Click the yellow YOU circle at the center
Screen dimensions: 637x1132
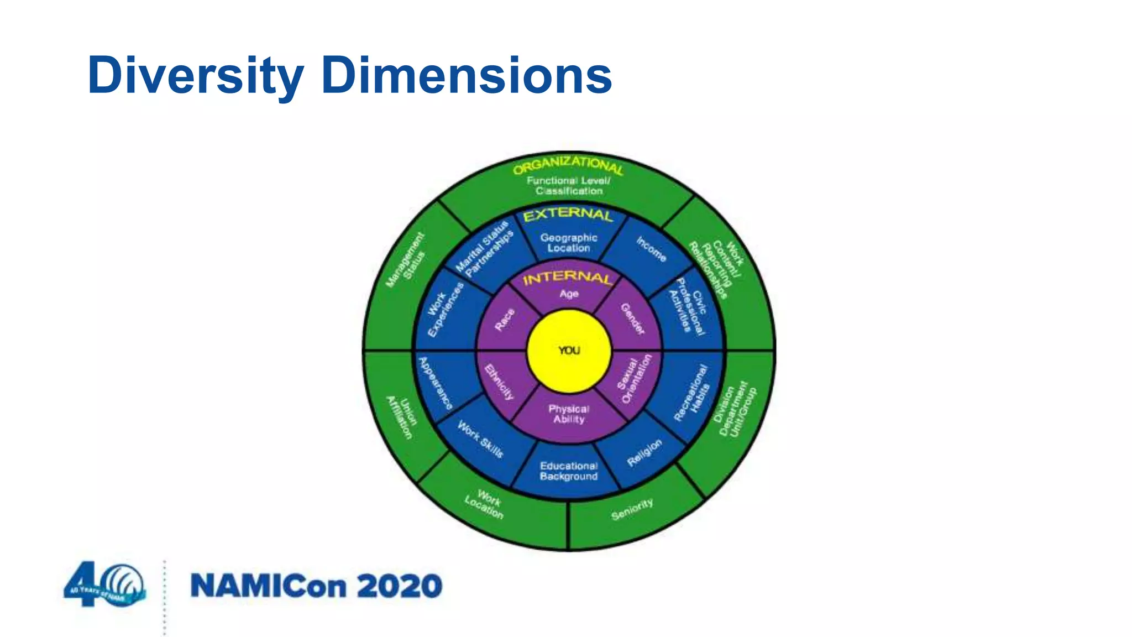569,351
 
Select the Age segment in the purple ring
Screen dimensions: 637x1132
569,294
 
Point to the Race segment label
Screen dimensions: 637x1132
504,320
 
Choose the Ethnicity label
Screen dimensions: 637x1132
499,382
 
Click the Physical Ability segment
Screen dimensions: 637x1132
569,414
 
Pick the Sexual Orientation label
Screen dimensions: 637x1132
635,379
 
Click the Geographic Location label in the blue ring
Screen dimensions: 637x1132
569,243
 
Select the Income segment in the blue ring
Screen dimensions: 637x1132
651,249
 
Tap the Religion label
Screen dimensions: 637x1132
644,453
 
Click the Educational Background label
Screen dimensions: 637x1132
569,471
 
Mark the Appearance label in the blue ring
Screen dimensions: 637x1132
436,383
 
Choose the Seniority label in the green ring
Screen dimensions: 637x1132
632,509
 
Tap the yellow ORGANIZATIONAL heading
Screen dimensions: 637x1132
568,165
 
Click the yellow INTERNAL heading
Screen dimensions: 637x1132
568,278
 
